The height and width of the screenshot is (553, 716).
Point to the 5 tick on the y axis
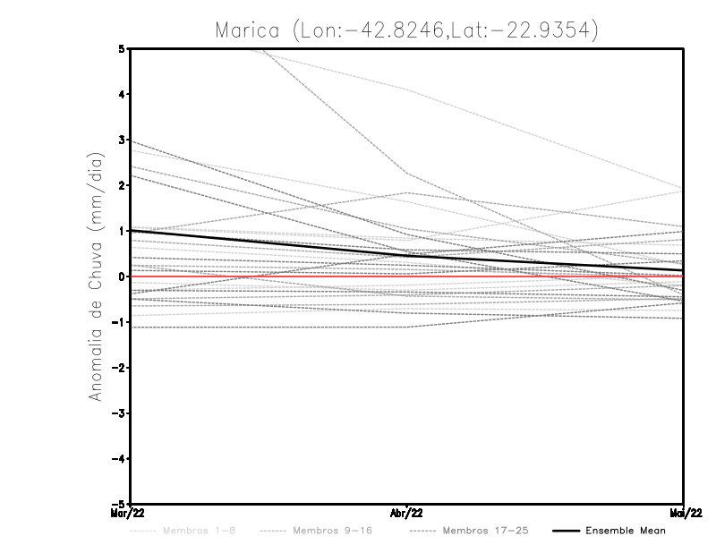[121, 48]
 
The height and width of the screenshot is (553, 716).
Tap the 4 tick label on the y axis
[121, 94]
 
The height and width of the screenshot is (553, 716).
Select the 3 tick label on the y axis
[121, 140]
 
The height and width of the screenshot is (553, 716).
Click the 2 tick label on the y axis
[121, 185]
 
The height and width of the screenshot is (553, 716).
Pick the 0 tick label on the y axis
[121, 276]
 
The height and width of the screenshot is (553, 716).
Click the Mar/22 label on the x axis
[129, 513]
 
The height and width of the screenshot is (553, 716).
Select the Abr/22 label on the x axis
[407, 513]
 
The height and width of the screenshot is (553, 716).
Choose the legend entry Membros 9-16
[331, 531]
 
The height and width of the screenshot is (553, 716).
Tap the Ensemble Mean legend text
[625, 531]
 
